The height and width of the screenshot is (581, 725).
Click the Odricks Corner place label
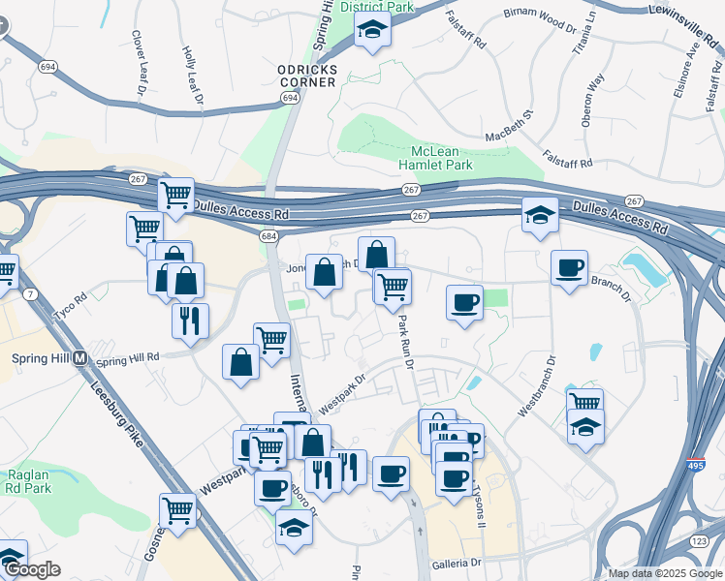(306, 76)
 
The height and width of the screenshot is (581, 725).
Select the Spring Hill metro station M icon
(80, 357)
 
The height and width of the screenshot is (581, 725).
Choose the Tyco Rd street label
(72, 301)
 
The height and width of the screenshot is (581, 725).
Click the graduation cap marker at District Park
(371, 33)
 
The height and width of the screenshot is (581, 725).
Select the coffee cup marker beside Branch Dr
(569, 268)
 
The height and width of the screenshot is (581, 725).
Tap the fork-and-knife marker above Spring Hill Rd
(190, 321)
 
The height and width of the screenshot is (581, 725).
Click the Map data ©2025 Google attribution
(665, 573)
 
